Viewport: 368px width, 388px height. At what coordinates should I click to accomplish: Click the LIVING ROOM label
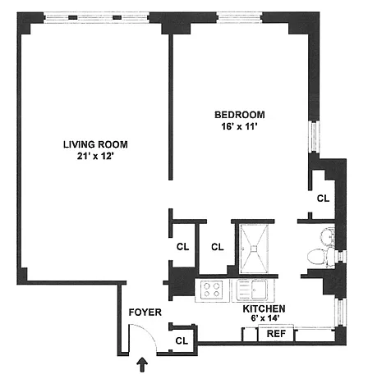95,144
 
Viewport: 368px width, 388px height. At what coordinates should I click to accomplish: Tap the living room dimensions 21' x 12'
95,157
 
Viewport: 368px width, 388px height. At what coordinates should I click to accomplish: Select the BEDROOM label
240,115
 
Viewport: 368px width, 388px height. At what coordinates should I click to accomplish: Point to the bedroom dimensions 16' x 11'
240,126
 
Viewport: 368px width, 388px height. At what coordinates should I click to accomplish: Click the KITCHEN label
264,308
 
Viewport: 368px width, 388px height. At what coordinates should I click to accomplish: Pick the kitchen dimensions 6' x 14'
264,318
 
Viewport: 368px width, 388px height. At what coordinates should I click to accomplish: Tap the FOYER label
145,313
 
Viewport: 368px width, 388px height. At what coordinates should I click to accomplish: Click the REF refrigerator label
276,334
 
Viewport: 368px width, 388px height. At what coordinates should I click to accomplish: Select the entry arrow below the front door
142,365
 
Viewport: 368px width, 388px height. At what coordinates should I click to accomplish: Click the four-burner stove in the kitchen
212,290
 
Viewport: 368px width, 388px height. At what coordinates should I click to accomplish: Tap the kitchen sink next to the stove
252,290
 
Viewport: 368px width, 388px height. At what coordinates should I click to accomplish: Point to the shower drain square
255,249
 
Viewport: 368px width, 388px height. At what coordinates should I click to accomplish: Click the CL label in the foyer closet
182,341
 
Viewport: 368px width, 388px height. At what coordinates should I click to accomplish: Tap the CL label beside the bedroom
323,199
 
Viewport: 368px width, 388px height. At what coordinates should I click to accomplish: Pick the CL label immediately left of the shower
218,247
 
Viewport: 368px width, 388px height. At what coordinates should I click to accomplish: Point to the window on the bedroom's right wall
314,137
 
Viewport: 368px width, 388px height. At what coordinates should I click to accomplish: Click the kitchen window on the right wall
341,313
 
